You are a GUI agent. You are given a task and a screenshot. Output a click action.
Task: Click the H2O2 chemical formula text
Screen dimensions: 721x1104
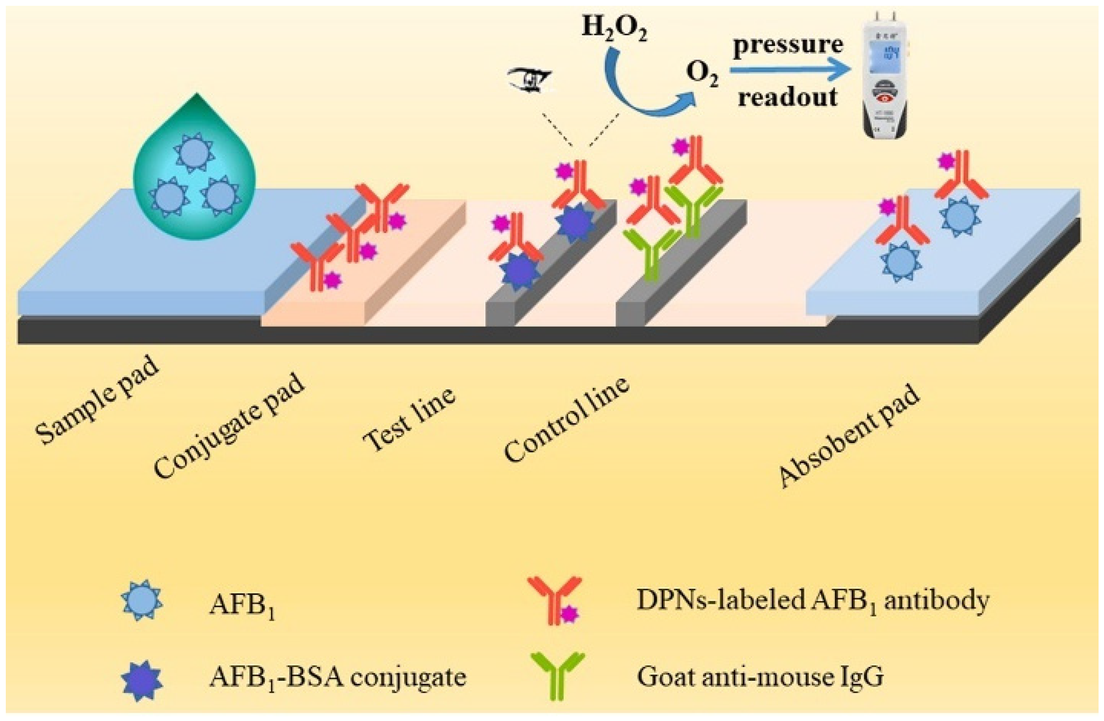(x=614, y=30)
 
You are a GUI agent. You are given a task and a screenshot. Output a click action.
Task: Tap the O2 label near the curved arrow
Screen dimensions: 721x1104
(x=702, y=76)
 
